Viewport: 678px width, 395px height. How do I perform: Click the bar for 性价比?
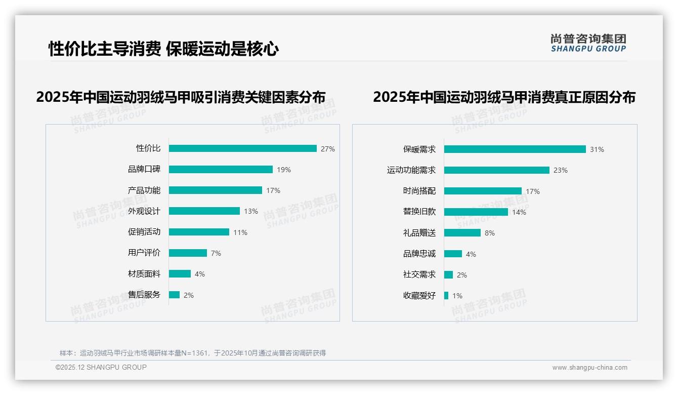tap(242, 148)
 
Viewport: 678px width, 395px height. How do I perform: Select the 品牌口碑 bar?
tap(221, 170)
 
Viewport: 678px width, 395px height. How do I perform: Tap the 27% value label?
tap(327, 149)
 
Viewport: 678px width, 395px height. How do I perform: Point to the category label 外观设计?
tap(144, 211)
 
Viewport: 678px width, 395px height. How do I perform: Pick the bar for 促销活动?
tap(199, 232)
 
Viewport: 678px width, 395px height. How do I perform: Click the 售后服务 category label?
tap(144, 295)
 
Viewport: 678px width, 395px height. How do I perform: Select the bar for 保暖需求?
tap(515, 149)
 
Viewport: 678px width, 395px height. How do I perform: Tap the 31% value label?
tap(597, 149)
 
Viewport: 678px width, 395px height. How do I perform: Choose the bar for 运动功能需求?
tap(496, 170)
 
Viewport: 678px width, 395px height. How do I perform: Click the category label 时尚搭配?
tap(419, 191)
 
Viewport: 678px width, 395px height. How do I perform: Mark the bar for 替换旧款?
tap(476, 212)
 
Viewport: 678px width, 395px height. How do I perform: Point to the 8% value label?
tap(489, 233)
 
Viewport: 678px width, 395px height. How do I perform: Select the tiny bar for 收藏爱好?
tap(446, 295)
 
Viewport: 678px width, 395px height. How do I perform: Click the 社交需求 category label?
tap(419, 274)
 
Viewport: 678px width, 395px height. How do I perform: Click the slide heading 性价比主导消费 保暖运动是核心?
tap(163, 49)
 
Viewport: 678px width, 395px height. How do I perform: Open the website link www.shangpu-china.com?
tap(589, 368)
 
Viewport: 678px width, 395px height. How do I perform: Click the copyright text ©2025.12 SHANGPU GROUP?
tap(101, 367)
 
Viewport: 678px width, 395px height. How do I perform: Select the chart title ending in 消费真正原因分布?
tap(504, 97)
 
